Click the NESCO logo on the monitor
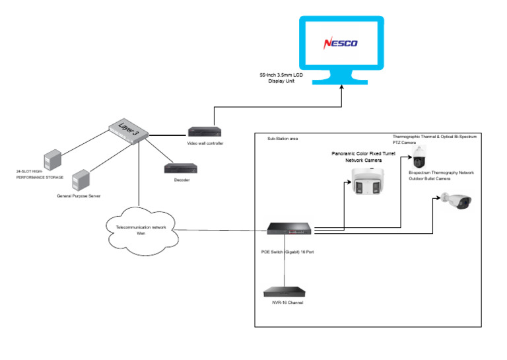[x=341, y=44]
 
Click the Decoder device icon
[x=177, y=168]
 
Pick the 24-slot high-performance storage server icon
[x=51, y=160]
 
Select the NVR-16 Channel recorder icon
[x=285, y=292]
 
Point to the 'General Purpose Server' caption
[x=83, y=196]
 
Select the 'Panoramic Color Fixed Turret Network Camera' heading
[x=366, y=156]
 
